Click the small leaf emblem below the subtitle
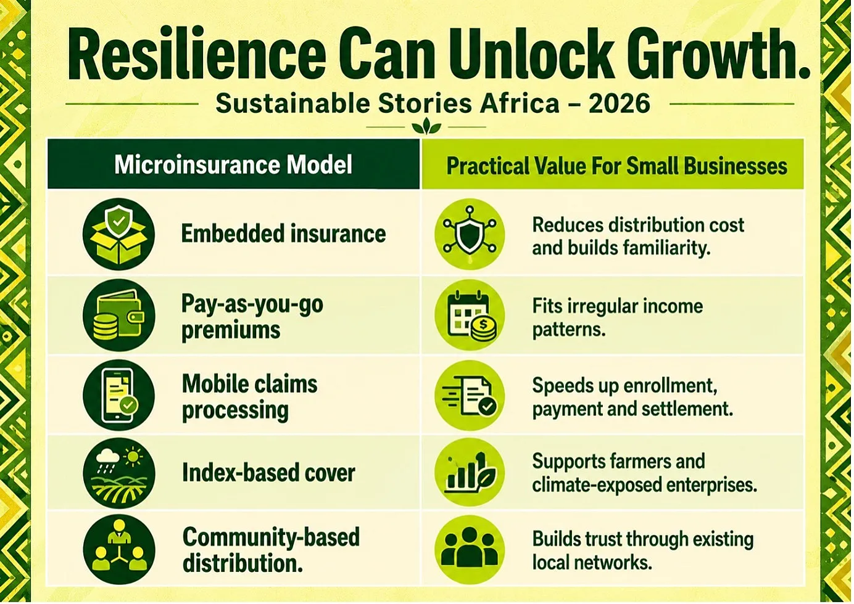(x=426, y=126)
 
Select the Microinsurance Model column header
(x=233, y=165)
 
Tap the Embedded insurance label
(x=283, y=233)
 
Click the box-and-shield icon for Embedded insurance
(x=118, y=234)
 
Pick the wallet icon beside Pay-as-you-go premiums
(x=118, y=315)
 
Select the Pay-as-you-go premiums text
(x=252, y=317)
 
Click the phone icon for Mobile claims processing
(x=118, y=395)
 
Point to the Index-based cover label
(x=268, y=473)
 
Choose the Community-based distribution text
(x=271, y=550)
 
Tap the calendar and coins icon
(x=470, y=316)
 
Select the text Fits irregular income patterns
(x=617, y=318)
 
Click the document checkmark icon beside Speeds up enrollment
(x=470, y=395)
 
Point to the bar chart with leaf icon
(x=470, y=473)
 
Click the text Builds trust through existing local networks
(x=643, y=550)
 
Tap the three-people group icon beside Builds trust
(x=470, y=550)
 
